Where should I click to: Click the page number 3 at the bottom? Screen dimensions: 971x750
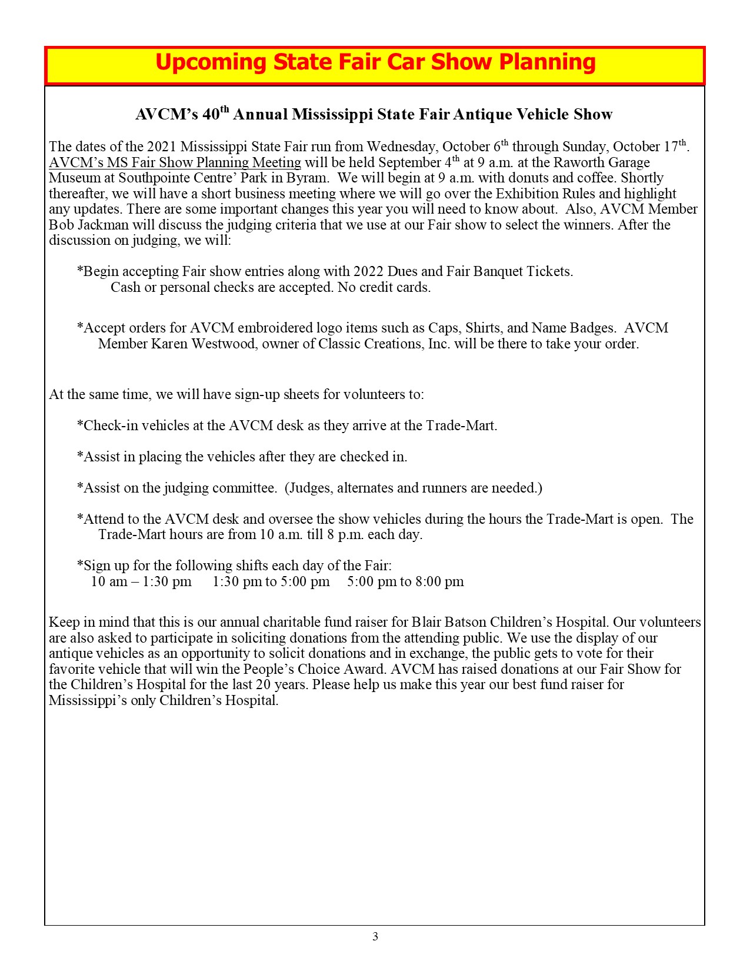click(375, 936)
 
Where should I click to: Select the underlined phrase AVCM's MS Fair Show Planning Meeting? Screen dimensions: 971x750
click(175, 162)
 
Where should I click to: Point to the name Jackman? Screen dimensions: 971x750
click(101, 225)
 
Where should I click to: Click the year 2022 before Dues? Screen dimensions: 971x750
click(368, 271)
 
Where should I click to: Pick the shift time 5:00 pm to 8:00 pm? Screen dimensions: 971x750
click(405, 582)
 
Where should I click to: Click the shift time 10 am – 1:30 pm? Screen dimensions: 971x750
click(141, 582)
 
